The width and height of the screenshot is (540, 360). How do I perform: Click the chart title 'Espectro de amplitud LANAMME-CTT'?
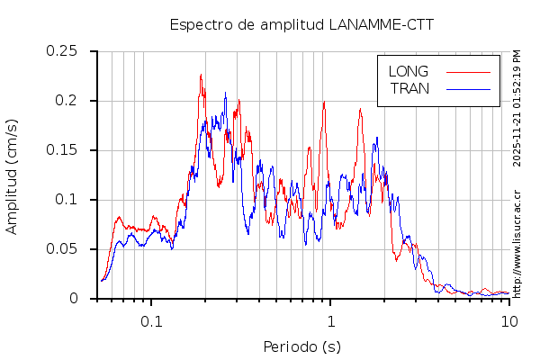pyautogui.click(x=301, y=24)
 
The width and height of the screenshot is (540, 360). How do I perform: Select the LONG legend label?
pyautogui.click(x=408, y=71)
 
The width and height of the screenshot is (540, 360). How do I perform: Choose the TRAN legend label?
pyautogui.click(x=409, y=88)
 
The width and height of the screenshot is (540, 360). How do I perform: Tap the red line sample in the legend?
pyautogui.click(x=468, y=71)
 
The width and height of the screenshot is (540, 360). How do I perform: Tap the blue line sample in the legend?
pyautogui.click(x=468, y=88)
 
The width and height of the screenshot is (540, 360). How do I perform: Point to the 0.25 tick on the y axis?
pyautogui.click(x=62, y=51)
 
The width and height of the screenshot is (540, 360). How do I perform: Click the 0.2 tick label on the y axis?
pyautogui.click(x=67, y=101)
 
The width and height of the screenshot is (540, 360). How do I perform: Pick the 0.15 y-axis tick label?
pyautogui.click(x=62, y=150)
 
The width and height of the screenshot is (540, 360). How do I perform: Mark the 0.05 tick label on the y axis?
pyautogui.click(x=62, y=249)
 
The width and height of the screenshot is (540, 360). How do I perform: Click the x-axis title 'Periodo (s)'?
pyautogui.click(x=301, y=346)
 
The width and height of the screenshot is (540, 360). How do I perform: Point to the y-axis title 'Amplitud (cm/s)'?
pyautogui.click(x=12, y=175)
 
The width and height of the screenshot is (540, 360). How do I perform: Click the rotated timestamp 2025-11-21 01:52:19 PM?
pyautogui.click(x=517, y=107)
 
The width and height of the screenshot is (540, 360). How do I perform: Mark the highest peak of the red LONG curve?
pyautogui.click(x=201, y=75)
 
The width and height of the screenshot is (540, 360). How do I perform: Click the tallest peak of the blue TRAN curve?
pyautogui.click(x=225, y=92)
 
